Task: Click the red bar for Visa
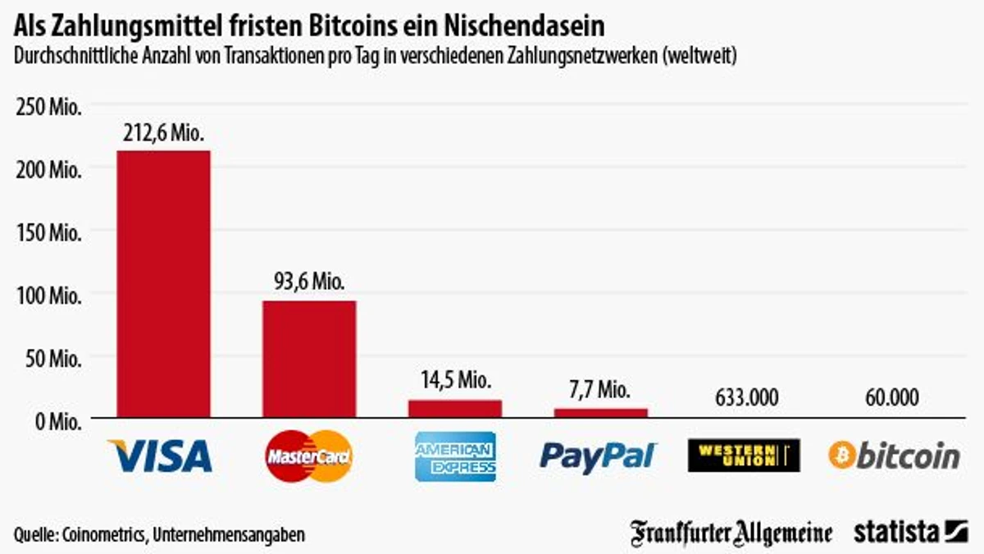click(x=163, y=284)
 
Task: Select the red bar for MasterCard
click(x=309, y=359)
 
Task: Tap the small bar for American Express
click(x=455, y=409)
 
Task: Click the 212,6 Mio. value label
click(x=163, y=133)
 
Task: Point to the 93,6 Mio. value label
click(x=309, y=283)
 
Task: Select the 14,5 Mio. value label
click(x=455, y=381)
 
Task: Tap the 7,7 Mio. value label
click(x=601, y=389)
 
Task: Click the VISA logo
click(x=160, y=456)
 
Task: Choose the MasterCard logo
click(x=309, y=456)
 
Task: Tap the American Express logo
click(x=455, y=456)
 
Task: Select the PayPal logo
click(x=599, y=456)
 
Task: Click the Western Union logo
click(x=743, y=456)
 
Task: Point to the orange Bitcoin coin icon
click(x=842, y=456)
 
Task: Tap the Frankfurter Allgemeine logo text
click(x=731, y=532)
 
